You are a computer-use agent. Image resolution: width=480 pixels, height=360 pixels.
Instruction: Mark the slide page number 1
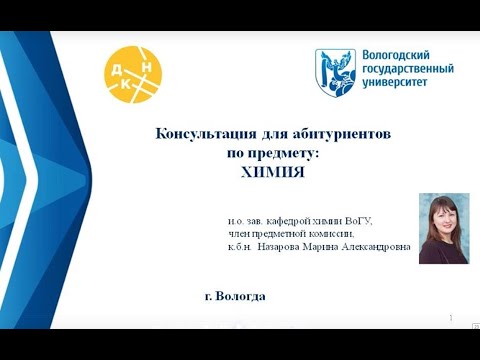click(x=452, y=317)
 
